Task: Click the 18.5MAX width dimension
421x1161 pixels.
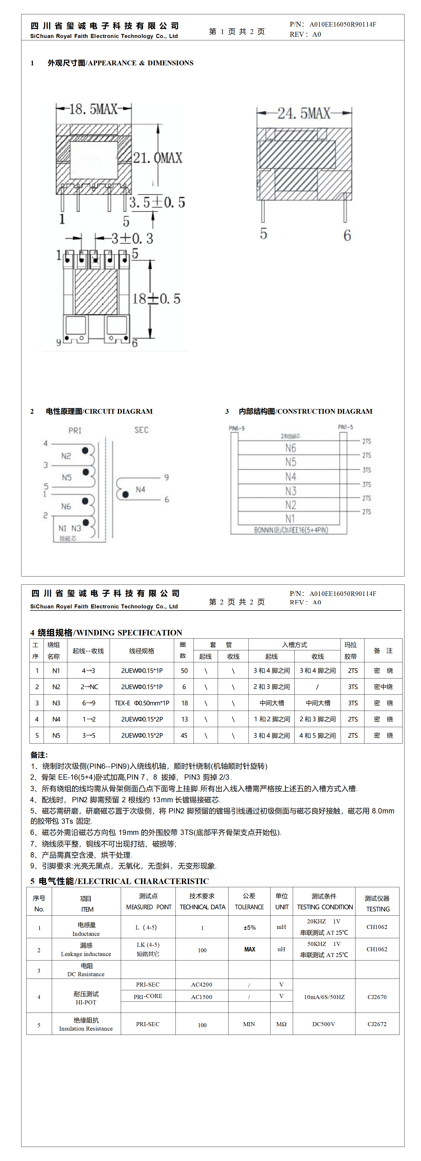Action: coord(93,109)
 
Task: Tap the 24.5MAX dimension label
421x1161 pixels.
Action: coord(304,113)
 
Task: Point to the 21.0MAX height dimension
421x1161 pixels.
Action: coord(158,158)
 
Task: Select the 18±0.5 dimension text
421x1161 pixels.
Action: coord(156,299)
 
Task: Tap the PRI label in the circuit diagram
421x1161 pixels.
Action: coord(75,430)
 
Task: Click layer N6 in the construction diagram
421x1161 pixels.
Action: coord(291,448)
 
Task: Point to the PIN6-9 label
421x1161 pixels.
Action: coord(237,428)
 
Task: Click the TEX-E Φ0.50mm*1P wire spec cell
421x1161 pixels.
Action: coord(142,703)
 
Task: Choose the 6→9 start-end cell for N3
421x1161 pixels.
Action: coord(88,703)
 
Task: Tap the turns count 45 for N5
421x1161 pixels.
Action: coord(184,736)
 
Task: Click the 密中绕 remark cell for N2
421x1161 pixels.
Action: coord(383,687)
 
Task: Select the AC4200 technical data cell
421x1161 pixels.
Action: coord(201,985)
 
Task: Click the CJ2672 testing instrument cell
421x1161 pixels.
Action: coord(377,1024)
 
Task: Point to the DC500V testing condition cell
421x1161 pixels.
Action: coord(324,1024)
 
